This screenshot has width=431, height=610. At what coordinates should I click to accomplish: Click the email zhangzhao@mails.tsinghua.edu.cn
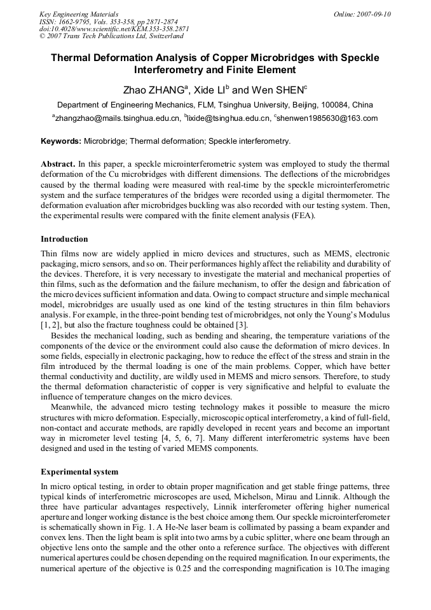click(118, 118)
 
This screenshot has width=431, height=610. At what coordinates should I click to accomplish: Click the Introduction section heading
click(64, 239)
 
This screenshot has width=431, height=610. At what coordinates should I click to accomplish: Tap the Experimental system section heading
click(79, 472)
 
